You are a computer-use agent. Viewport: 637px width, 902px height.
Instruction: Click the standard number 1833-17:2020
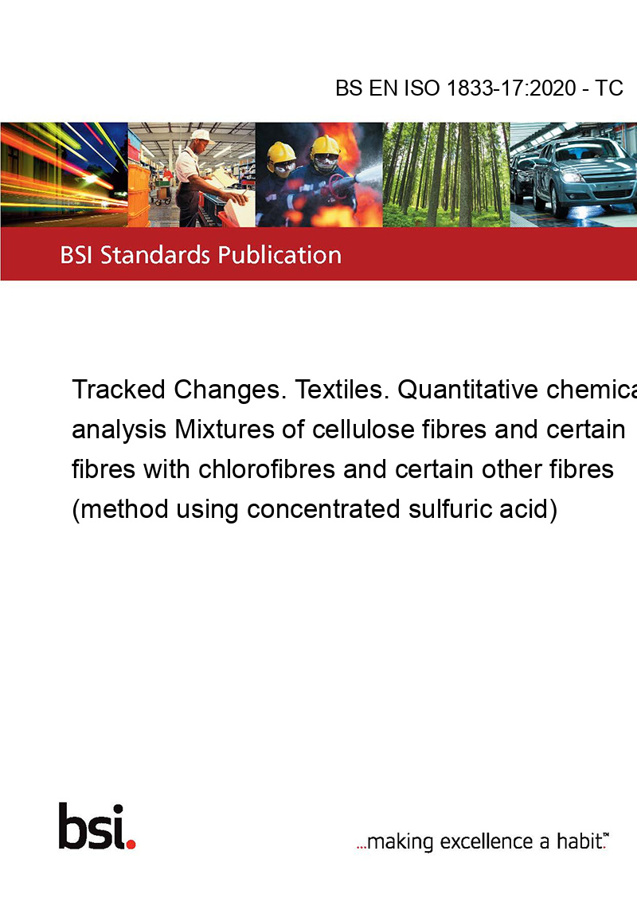pos(511,88)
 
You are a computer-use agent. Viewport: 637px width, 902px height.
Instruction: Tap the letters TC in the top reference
pos(609,88)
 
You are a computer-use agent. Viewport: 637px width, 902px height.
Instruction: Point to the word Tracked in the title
pos(119,390)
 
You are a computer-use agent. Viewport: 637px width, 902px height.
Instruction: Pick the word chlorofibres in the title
pos(267,469)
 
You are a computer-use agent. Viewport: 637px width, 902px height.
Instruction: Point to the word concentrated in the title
pos(323,510)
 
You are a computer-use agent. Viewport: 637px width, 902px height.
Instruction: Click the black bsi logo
pos(92,826)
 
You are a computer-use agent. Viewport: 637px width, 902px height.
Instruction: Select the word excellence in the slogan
pos(487,841)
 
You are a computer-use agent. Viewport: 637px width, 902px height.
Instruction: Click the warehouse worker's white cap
pos(201,135)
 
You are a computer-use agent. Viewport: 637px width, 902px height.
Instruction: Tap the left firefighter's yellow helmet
pos(281,152)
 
